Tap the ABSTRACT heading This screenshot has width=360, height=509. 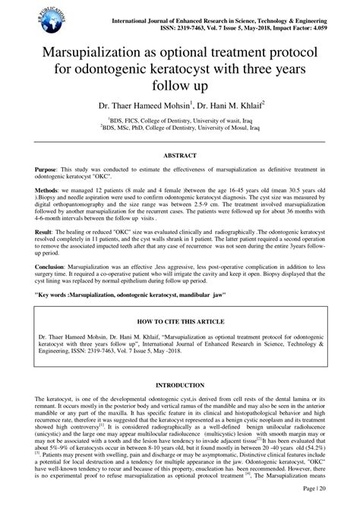(180, 153)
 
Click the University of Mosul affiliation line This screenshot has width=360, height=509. (180, 128)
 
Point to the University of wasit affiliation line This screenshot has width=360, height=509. (180, 120)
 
